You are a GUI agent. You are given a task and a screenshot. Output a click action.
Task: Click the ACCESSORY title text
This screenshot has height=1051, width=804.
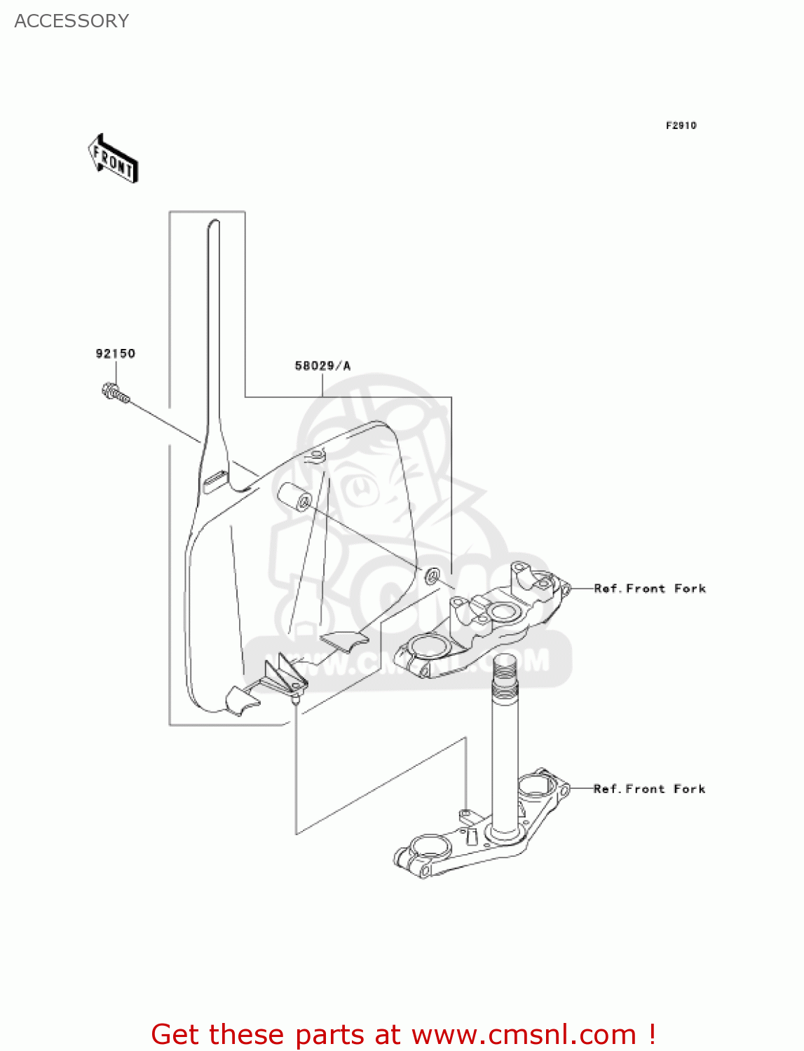coord(71,21)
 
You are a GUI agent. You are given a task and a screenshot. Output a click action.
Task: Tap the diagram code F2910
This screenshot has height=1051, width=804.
coord(681,125)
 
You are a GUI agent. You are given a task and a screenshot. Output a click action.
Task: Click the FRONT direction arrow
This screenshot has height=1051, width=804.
coord(113,159)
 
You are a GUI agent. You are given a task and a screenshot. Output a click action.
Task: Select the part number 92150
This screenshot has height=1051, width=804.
coord(115,354)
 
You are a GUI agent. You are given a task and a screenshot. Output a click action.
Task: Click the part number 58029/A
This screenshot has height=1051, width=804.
coord(322,366)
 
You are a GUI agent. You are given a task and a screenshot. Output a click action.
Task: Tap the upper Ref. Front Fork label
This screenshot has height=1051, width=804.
coord(649,589)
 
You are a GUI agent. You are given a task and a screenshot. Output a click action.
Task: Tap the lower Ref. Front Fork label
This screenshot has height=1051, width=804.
coord(649,789)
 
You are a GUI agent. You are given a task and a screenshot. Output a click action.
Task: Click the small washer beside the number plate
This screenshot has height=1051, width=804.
coord(432,575)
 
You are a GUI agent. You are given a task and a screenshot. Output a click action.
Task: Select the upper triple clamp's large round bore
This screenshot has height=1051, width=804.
coord(428,644)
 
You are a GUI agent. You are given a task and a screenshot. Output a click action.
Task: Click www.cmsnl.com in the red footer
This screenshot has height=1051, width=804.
coord(524,1035)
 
